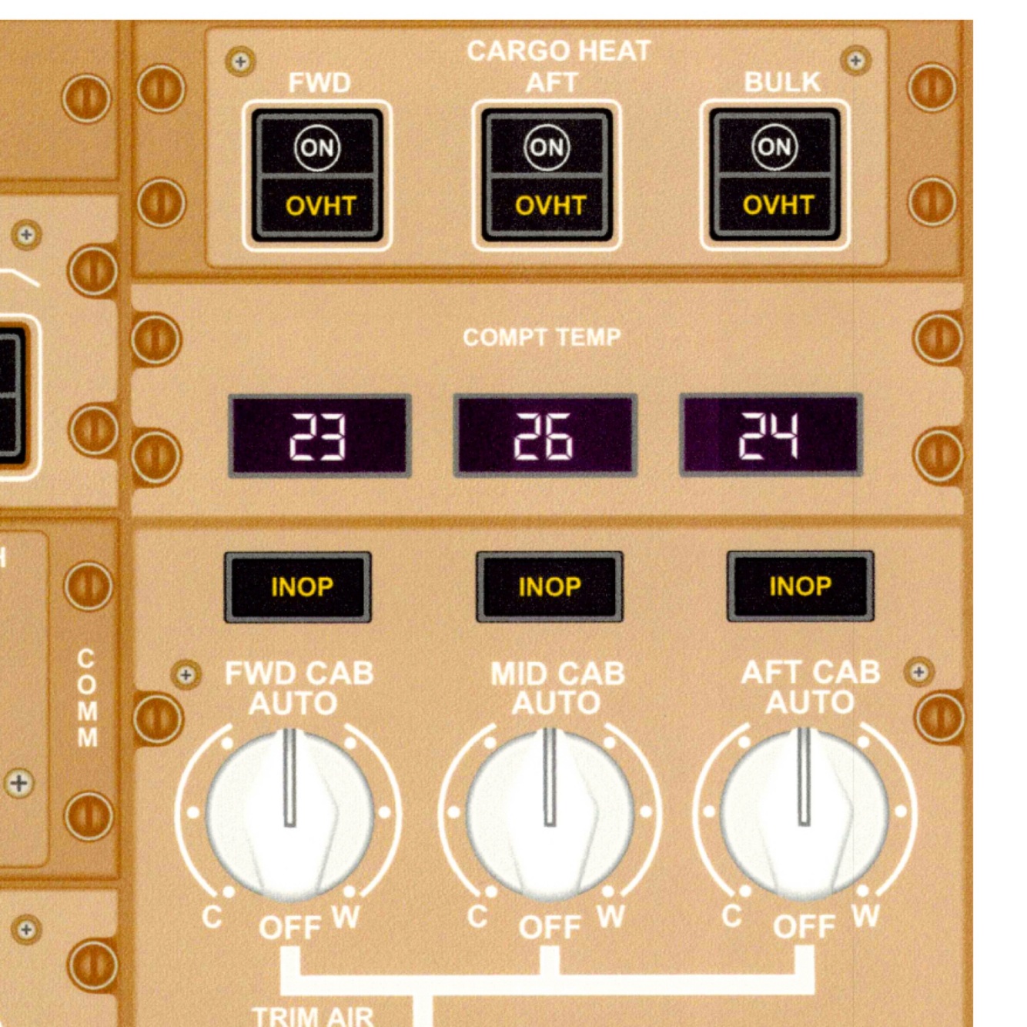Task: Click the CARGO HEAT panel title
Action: [558, 51]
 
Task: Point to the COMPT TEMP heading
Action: [541, 337]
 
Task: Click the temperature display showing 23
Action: [319, 436]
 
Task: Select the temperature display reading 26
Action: [544, 436]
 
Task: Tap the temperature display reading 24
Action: [771, 436]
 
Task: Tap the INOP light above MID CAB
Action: [549, 587]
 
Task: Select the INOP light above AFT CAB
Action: [800, 586]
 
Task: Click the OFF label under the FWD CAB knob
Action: [289, 927]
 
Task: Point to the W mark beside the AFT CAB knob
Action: [865, 916]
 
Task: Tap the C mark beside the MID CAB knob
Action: [477, 916]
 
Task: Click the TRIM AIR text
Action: [313, 1016]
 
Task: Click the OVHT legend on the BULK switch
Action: [778, 205]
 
